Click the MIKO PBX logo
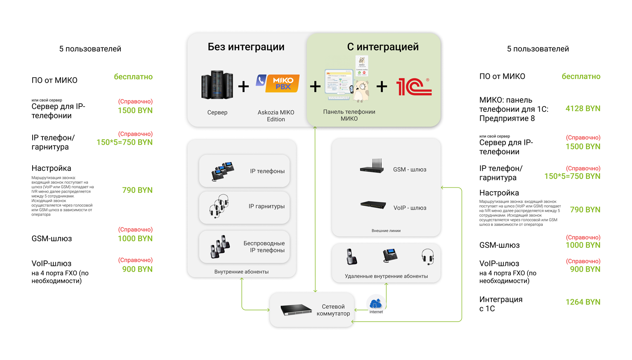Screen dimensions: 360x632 pyautogui.click(x=278, y=83)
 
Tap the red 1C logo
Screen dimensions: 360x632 pyautogui.click(x=413, y=86)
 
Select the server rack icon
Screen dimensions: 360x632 pyautogui.click(x=217, y=85)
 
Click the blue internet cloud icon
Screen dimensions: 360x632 pyautogui.click(x=376, y=304)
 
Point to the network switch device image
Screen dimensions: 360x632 pyautogui.click(x=296, y=309)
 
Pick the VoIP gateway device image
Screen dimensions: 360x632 pyautogui.click(x=373, y=205)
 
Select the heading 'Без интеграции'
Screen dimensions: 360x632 pyautogui.click(x=246, y=47)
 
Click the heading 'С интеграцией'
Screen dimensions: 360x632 pyautogui.click(x=382, y=47)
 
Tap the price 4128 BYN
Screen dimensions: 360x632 pyautogui.click(x=582, y=109)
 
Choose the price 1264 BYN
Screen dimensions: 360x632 pyautogui.click(x=582, y=302)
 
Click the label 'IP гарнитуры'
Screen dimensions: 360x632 pyautogui.click(x=266, y=206)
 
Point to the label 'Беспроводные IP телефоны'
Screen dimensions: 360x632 pyautogui.click(x=264, y=246)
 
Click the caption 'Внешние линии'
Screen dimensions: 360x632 pyautogui.click(x=386, y=231)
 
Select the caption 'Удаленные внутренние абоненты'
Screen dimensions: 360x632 pyautogui.click(x=386, y=276)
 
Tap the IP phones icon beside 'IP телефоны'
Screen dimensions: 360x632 pyautogui.click(x=223, y=171)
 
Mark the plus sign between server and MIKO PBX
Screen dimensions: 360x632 pyautogui.click(x=243, y=86)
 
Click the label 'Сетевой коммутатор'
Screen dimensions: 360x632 pyautogui.click(x=333, y=310)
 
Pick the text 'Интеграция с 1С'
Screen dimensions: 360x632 pyautogui.click(x=500, y=304)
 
